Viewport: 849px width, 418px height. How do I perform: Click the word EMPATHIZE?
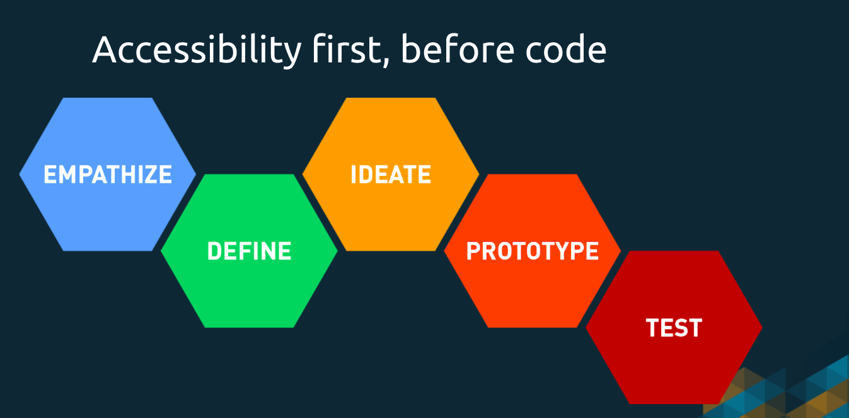tap(108, 174)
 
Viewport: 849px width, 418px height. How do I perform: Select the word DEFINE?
tap(249, 251)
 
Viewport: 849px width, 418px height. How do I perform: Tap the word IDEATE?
tap(391, 174)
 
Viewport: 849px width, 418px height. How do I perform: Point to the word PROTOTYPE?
tap(533, 251)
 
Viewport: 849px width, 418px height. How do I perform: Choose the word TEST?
tap(674, 328)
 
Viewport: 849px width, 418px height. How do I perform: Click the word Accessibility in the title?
tap(196, 50)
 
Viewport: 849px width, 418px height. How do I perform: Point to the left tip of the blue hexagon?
tap(21, 174)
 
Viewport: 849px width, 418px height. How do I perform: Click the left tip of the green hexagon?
tap(163, 251)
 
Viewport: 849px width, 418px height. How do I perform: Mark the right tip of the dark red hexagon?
tap(761, 328)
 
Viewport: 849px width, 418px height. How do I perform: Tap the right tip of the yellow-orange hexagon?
tap(478, 174)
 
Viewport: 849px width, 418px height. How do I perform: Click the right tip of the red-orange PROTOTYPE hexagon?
tap(620, 251)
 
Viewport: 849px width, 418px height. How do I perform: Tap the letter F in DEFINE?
tap(244, 251)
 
